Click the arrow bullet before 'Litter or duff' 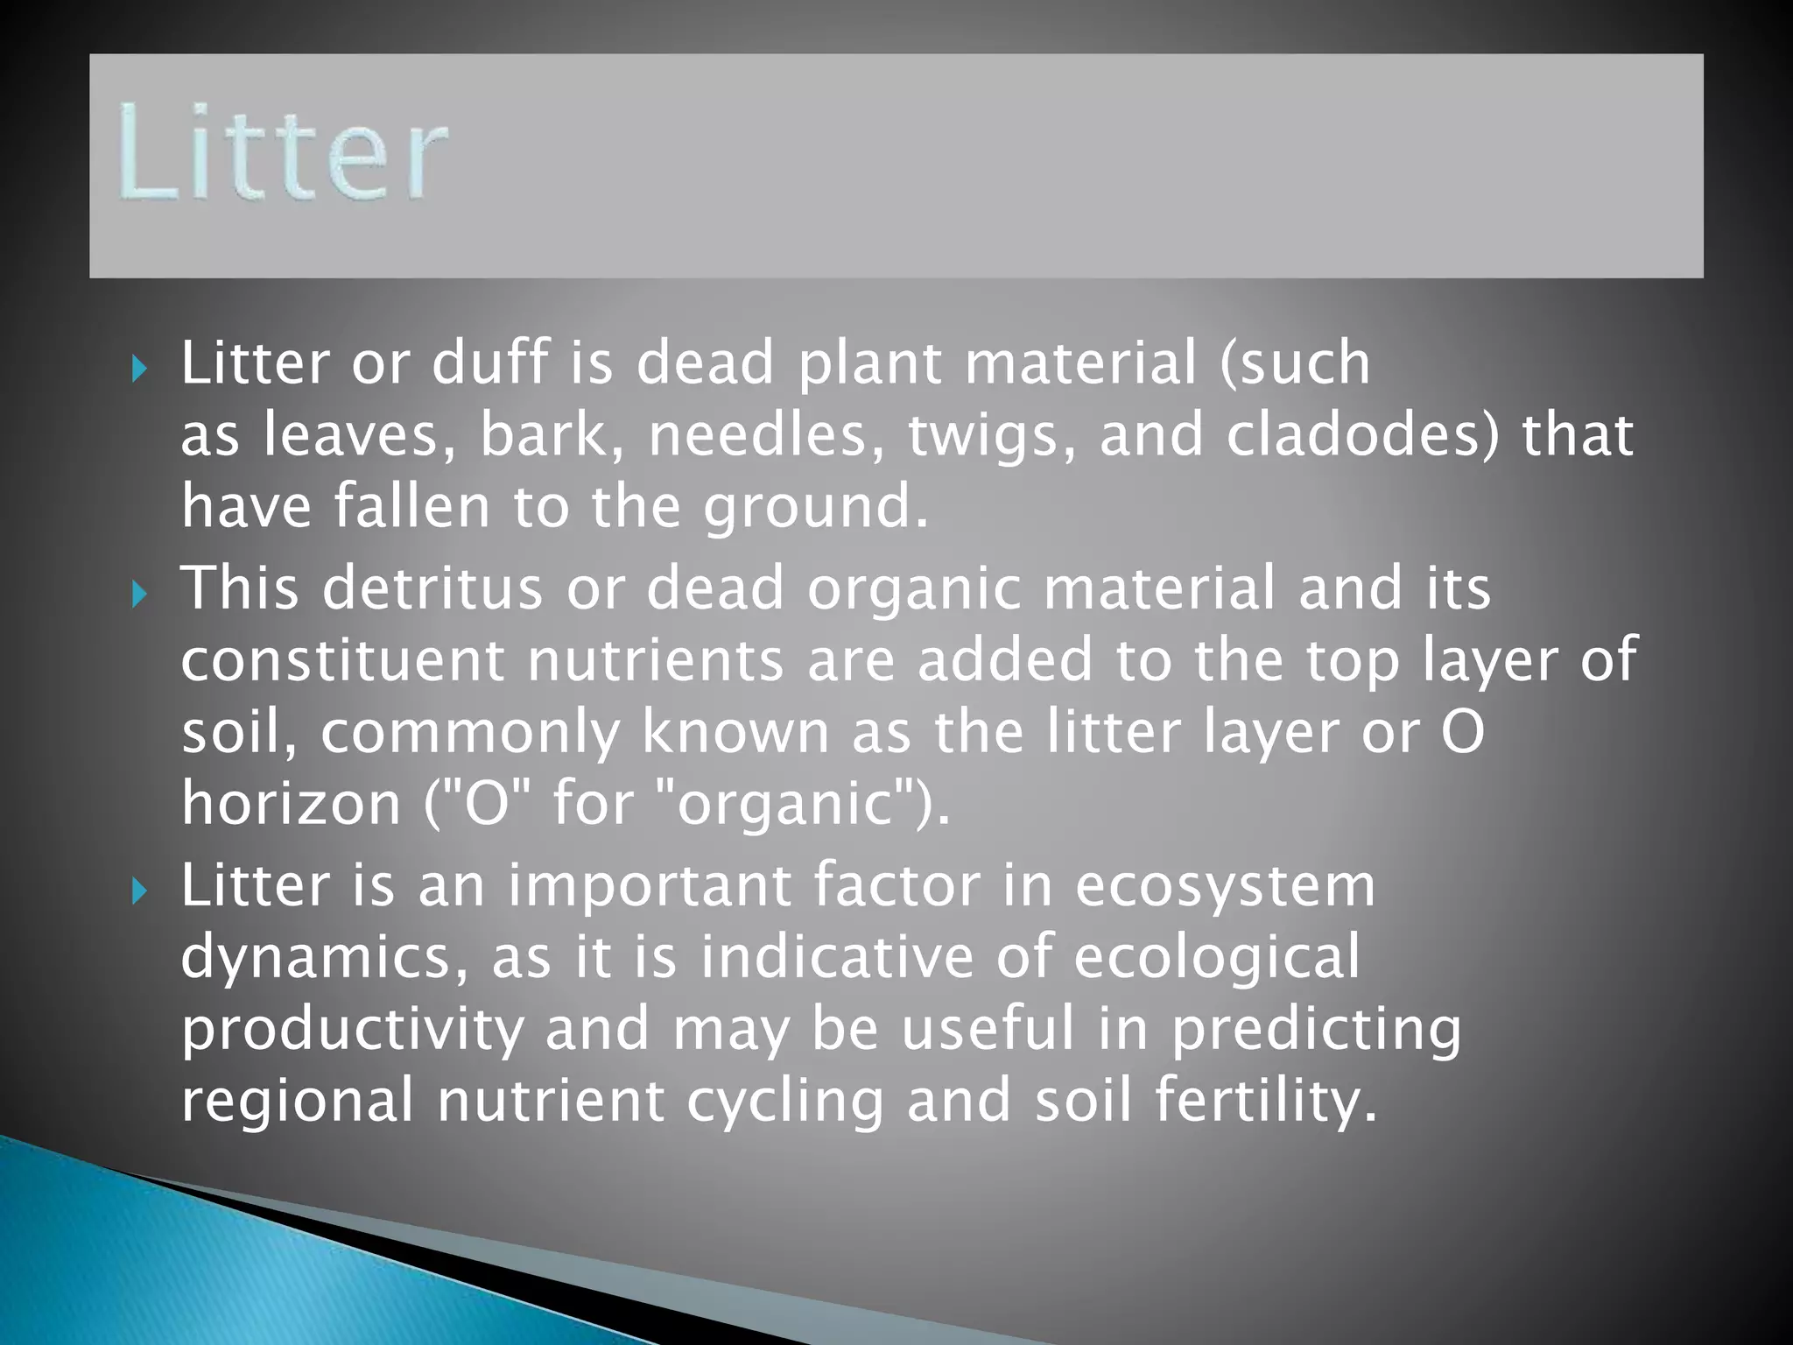pos(139,369)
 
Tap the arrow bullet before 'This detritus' pos(139,595)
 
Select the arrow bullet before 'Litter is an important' pos(139,892)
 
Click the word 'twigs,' pos(992,437)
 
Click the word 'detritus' pos(432,588)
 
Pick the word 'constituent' pos(342,660)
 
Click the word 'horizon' pos(291,804)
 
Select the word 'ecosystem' pos(1225,887)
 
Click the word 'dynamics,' pos(324,958)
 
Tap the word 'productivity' pos(353,1030)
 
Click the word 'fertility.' pos(1266,1101)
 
